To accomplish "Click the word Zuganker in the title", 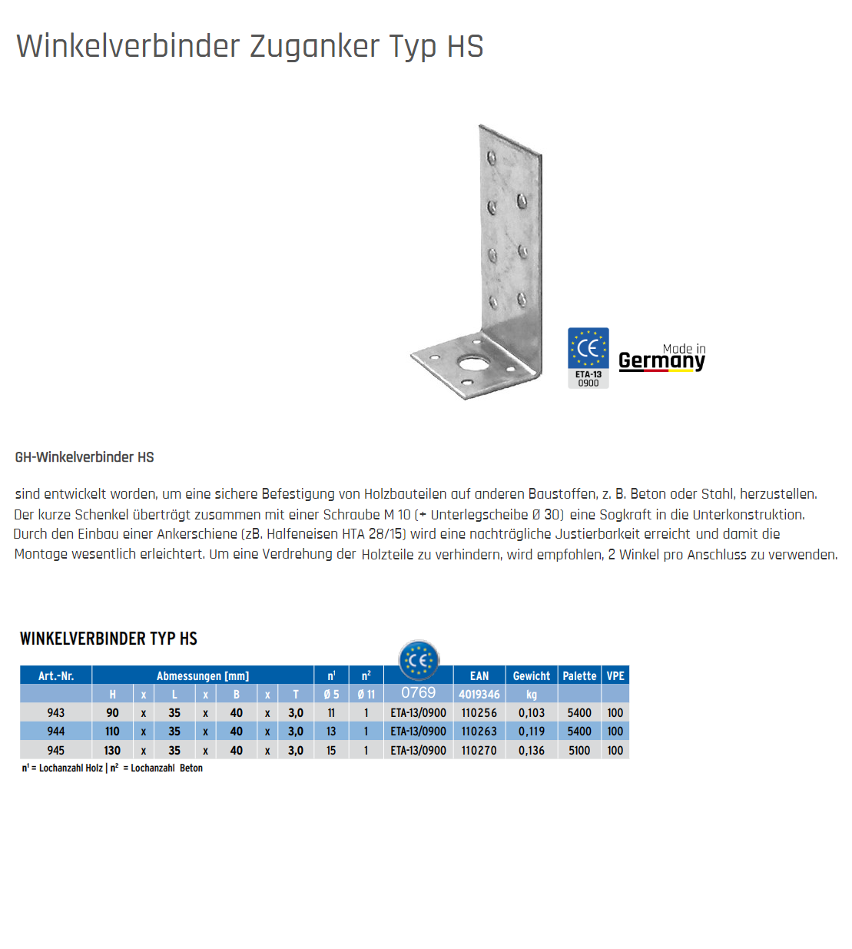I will click(x=314, y=46).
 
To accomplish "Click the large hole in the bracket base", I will click(x=468, y=363).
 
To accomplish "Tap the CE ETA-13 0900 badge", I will click(x=588, y=357).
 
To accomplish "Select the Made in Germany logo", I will click(x=661, y=358).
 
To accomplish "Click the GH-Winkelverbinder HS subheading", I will click(x=85, y=457).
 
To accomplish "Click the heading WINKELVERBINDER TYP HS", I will click(x=108, y=639).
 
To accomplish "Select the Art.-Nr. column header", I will click(x=56, y=676).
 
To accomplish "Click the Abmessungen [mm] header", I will click(x=203, y=676).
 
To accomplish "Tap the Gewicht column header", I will click(x=531, y=676).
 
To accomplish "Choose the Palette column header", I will click(x=579, y=676).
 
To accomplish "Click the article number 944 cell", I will click(x=56, y=732).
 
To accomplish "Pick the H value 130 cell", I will click(x=112, y=751).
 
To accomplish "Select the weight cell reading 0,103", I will click(x=531, y=713).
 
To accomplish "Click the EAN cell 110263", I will click(x=479, y=732).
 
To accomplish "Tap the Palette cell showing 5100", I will click(x=579, y=751).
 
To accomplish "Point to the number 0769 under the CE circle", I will click(x=418, y=693).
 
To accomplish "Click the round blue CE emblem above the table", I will click(x=419, y=660).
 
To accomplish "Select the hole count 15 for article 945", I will click(x=331, y=751).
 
